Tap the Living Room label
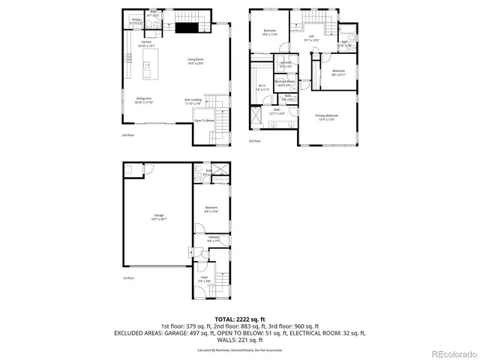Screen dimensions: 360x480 (196, 59)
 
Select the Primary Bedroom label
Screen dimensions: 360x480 (326, 115)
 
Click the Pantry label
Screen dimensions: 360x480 (136, 20)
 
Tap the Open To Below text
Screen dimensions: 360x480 (204, 120)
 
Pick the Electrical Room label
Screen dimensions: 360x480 (284, 81)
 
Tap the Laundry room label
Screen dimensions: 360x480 (285, 62)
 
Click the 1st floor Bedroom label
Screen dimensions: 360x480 (211, 208)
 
